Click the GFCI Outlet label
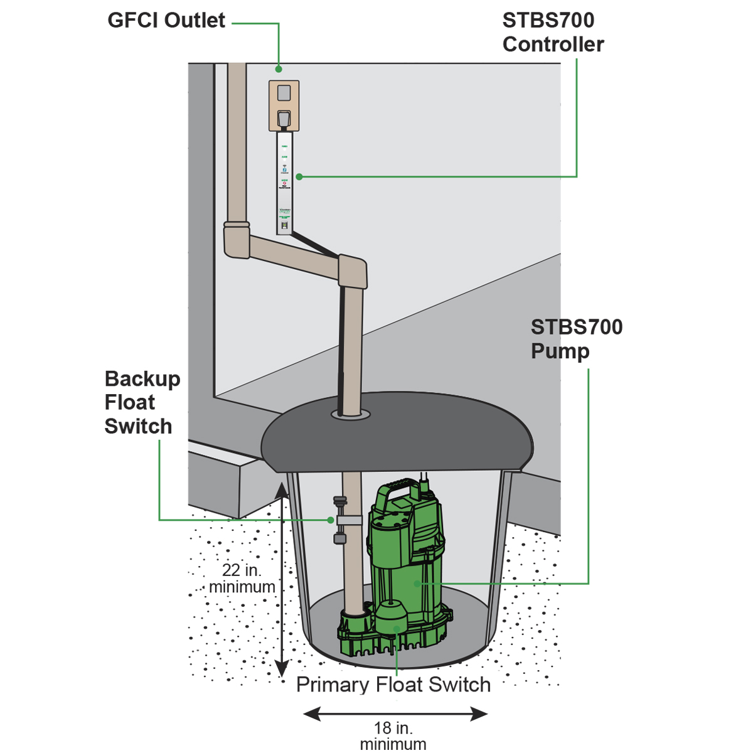click(x=166, y=21)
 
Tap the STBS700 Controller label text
click(x=553, y=33)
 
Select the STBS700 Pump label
click(x=576, y=339)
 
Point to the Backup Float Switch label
click(x=142, y=402)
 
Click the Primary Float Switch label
click(x=393, y=685)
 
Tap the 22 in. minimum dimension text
click(x=242, y=579)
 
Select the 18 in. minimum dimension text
click(x=393, y=735)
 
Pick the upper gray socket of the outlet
click(x=284, y=93)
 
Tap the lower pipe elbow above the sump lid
click(x=353, y=270)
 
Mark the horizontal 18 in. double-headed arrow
click(x=395, y=713)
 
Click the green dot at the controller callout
click(x=299, y=177)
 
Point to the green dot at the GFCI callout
click(x=279, y=68)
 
